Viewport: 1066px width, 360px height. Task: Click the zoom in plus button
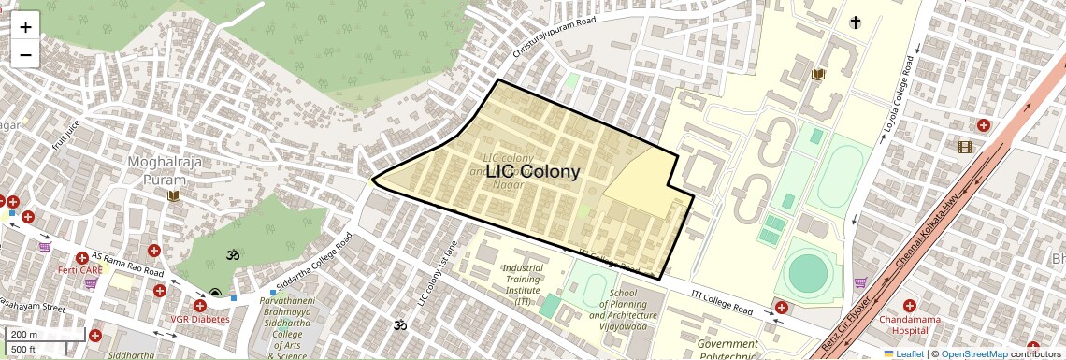[x=25, y=26]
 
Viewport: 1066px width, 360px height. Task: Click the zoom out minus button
[x=25, y=54]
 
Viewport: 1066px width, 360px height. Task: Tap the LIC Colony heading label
[x=532, y=172]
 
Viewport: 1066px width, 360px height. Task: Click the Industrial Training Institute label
[x=523, y=284]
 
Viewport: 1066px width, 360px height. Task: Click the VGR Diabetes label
[x=199, y=319]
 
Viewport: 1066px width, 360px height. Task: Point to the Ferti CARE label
[x=79, y=270]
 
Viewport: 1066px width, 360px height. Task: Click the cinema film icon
[x=965, y=147]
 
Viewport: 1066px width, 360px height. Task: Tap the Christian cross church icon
[x=855, y=22]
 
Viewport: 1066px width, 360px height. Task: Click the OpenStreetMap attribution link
[x=973, y=354]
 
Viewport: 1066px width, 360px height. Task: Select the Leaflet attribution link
[x=903, y=354]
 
